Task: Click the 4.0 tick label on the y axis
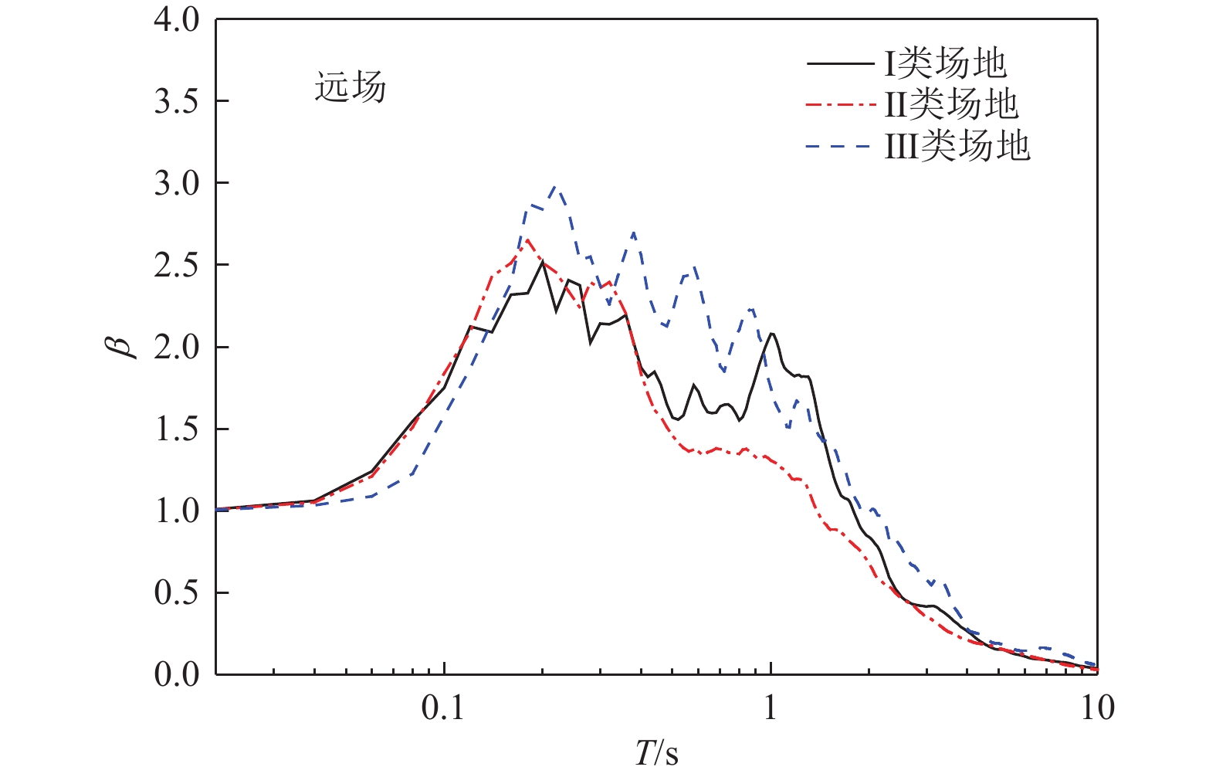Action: click(177, 20)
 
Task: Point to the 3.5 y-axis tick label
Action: click(177, 102)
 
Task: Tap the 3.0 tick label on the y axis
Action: click(177, 184)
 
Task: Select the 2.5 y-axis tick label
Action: click(177, 266)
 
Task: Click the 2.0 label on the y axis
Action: click(177, 348)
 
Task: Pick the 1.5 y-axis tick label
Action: click(177, 429)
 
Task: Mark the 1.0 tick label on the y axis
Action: click(177, 511)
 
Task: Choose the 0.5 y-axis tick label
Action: click(177, 593)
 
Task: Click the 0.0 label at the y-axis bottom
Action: click(177, 675)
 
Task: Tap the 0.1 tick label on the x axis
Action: click(444, 708)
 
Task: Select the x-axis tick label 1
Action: click(771, 708)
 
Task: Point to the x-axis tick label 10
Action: click(1097, 708)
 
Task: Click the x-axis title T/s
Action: click(657, 753)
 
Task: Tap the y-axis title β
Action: click(123, 345)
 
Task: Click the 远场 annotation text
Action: click(350, 87)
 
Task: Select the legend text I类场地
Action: click(945, 63)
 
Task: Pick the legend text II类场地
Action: click(951, 104)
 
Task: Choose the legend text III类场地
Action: click(957, 145)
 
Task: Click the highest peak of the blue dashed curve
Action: click(554, 187)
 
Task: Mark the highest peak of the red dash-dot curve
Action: click(527, 239)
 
